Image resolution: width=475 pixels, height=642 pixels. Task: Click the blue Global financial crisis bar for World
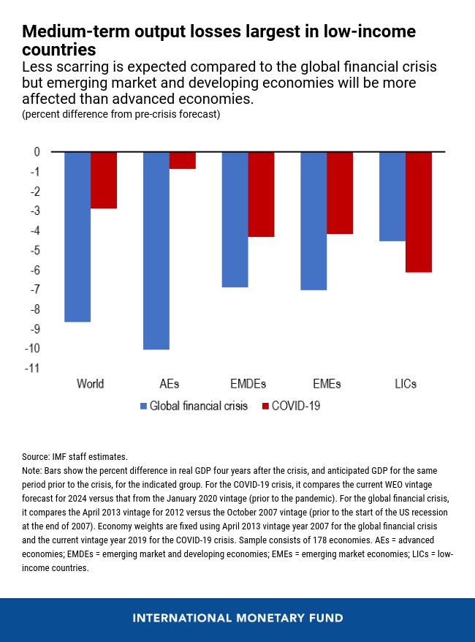77,236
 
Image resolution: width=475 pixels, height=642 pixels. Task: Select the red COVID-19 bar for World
104,180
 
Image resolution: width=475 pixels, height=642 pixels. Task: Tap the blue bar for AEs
156,250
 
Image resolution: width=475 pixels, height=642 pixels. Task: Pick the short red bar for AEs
183,160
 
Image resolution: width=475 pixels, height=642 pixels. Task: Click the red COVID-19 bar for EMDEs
261,194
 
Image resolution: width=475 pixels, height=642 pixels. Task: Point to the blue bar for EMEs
313,220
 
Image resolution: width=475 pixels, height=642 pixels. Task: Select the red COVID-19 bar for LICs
419,211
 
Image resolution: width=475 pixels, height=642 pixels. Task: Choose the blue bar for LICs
392,196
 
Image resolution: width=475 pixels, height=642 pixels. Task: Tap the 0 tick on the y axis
37,152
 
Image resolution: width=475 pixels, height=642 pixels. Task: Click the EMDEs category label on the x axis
248,384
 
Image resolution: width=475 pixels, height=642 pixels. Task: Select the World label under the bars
91,384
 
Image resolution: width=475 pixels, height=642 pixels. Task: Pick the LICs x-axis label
405,384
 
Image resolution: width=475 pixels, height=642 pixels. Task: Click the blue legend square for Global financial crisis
143,406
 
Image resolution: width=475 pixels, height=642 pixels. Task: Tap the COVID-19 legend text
296,406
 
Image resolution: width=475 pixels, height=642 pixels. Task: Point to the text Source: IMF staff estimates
75,456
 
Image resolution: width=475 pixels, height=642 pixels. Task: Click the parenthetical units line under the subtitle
121,115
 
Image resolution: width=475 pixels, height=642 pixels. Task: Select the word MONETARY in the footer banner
267,618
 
